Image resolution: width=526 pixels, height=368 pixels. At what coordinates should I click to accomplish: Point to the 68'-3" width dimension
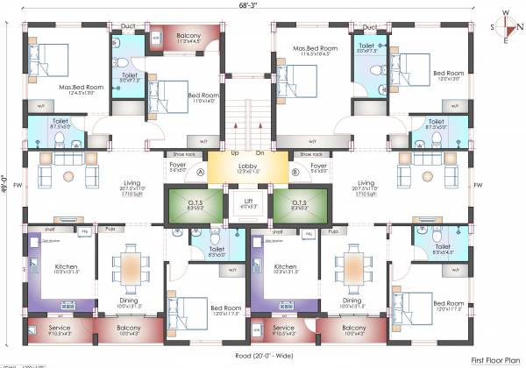pos(249,6)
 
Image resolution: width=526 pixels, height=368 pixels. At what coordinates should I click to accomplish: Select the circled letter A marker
pos(201,173)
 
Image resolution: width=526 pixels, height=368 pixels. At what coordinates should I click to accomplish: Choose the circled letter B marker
pos(295,173)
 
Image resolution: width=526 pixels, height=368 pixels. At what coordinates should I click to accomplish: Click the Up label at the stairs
pos(235,152)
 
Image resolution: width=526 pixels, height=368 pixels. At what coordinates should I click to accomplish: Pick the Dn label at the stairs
pos(259,152)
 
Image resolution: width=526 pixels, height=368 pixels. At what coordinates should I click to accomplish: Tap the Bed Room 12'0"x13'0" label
pos(449,74)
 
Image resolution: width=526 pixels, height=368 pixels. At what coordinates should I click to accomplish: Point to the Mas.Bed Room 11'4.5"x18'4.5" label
pos(315,50)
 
